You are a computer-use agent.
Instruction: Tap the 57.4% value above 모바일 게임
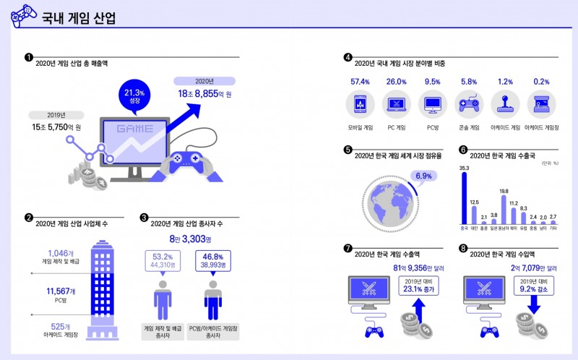pyautogui.click(x=360, y=82)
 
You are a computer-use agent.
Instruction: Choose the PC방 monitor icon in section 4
pyautogui.click(x=432, y=106)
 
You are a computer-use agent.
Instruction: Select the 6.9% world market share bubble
pyautogui.click(x=423, y=176)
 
